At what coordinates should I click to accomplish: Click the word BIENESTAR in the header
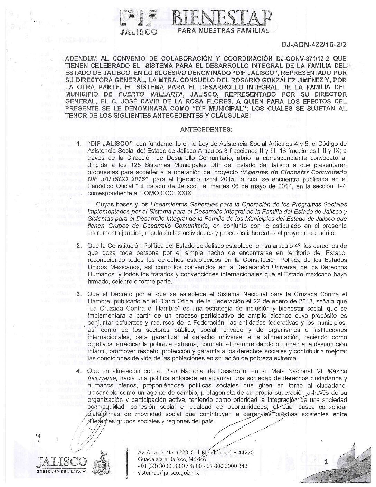click(x=223, y=16)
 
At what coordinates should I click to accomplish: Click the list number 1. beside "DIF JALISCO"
click(x=79, y=143)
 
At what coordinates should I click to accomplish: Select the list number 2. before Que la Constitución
click(x=79, y=246)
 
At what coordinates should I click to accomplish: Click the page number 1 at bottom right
click(x=326, y=462)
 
